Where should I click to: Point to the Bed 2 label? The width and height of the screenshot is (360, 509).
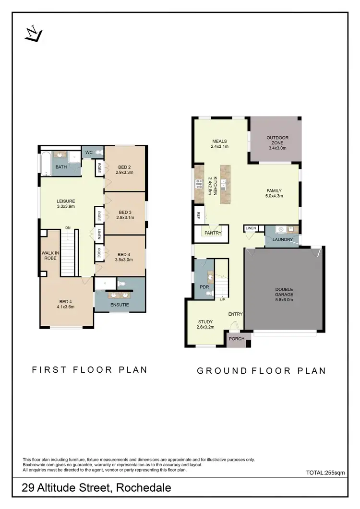(125, 169)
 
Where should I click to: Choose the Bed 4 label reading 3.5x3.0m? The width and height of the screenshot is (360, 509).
(124, 257)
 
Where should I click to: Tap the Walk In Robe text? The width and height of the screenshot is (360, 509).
(49, 255)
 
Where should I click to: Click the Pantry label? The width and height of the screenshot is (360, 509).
(213, 234)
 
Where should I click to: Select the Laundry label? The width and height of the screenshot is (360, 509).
(282, 239)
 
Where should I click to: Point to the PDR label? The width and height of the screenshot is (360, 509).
(204, 287)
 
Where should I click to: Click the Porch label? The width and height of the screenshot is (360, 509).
(237, 339)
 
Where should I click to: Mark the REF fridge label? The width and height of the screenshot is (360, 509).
(198, 216)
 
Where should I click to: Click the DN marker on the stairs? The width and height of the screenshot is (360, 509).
(69, 228)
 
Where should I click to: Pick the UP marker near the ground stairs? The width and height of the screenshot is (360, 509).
(222, 299)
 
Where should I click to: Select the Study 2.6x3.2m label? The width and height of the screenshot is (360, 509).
(206, 324)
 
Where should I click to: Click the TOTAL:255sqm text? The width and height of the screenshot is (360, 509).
(325, 473)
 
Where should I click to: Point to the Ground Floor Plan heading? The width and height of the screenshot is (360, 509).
(262, 370)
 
